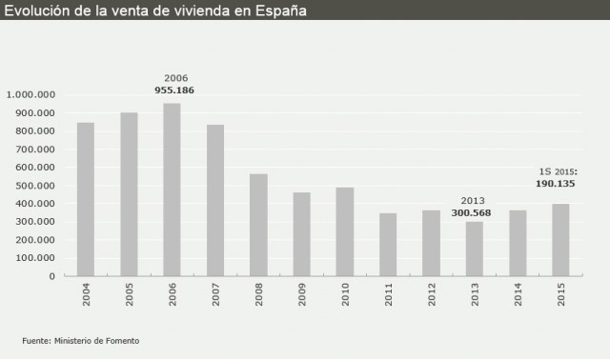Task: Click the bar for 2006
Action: [172, 190]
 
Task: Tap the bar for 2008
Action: [258, 225]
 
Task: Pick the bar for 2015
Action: [560, 240]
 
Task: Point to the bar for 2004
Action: [86, 199]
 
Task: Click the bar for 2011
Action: [388, 245]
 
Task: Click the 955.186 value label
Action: [174, 90]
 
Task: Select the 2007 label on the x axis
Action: [215, 295]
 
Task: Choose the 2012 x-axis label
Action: [432, 295]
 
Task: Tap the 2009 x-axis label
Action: [302, 295]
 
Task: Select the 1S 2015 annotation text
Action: [554, 172]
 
